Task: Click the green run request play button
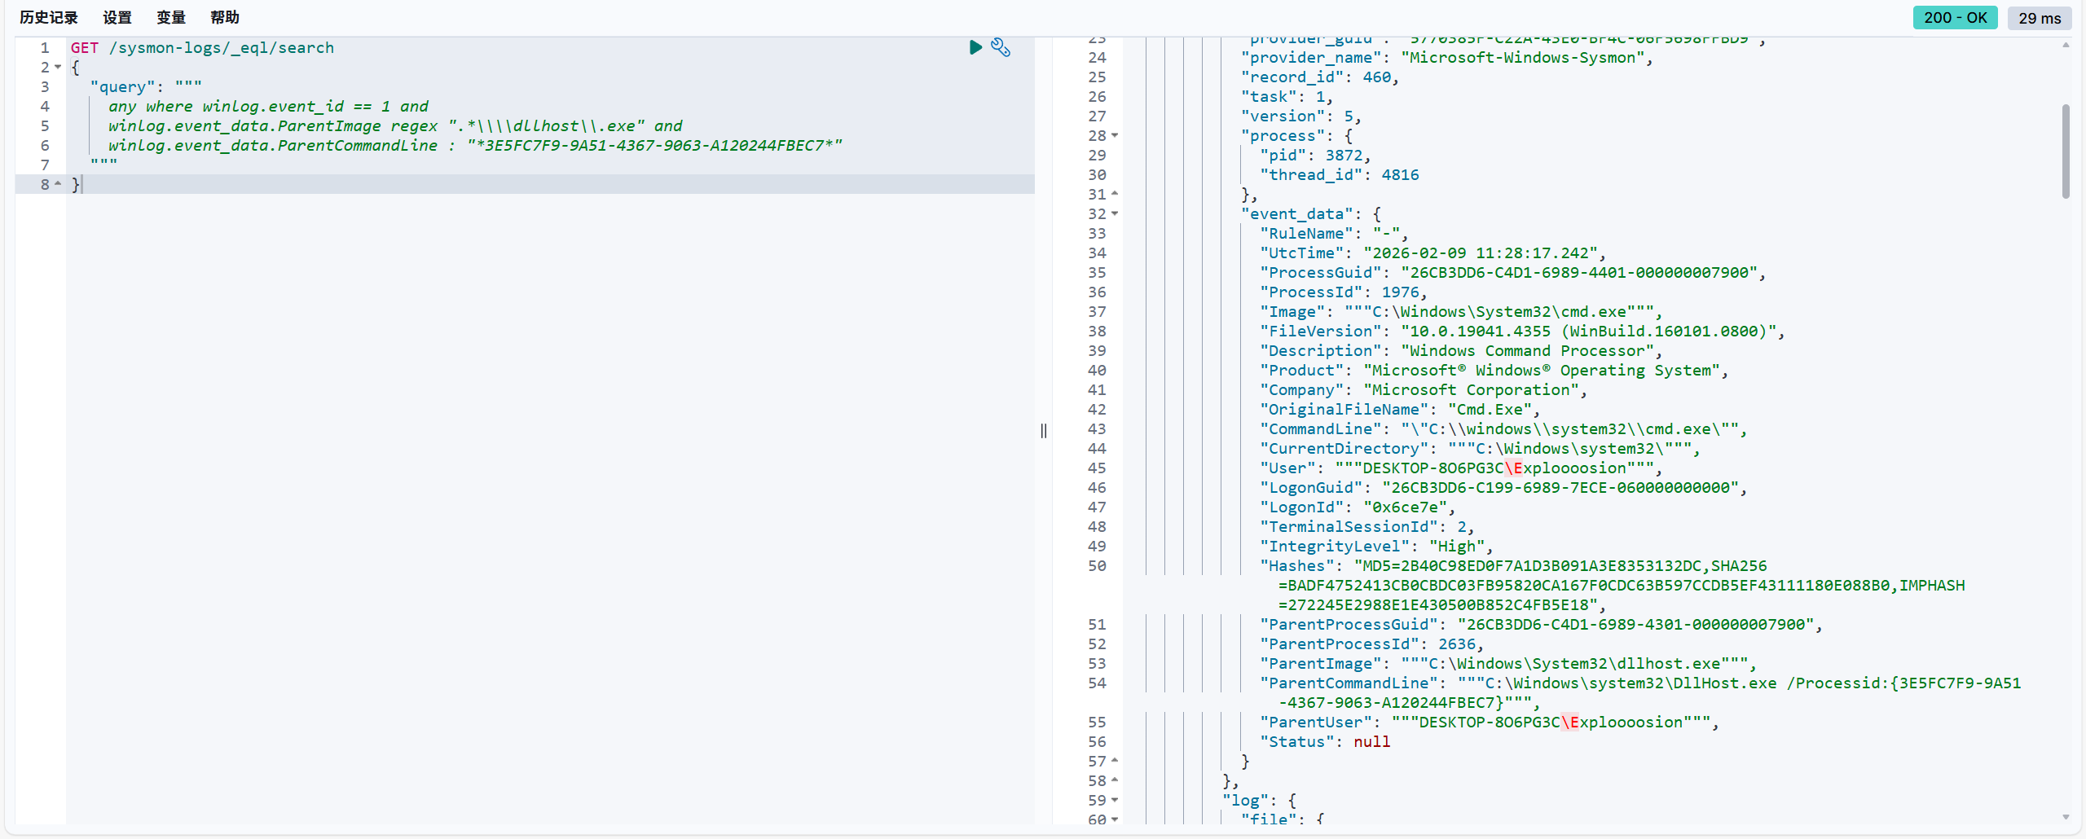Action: [975, 47]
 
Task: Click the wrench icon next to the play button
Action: [1001, 47]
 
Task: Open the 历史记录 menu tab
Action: [49, 17]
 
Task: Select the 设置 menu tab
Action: [117, 17]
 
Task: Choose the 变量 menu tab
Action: [171, 17]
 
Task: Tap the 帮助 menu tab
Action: [225, 17]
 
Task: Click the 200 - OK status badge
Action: [1955, 18]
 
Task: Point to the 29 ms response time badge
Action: [2040, 18]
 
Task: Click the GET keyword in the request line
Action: [85, 48]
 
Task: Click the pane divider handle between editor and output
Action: [1044, 430]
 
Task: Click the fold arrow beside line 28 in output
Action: [1115, 135]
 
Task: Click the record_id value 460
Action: [1377, 77]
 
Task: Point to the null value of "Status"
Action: [1372, 742]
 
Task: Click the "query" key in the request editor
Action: [122, 87]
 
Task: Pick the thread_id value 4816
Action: [1401, 175]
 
